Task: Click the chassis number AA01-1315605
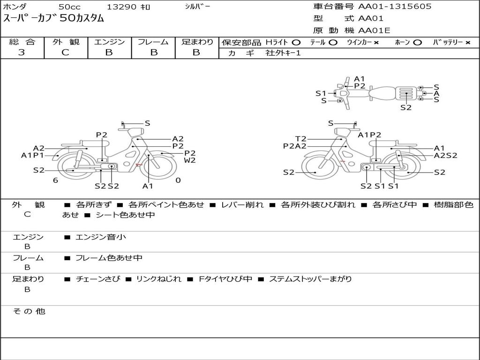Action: tap(395, 7)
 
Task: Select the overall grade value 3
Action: tap(22, 52)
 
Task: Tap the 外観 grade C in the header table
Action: tap(65, 52)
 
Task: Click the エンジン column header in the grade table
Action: tap(109, 42)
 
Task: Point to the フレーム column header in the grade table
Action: tap(153, 42)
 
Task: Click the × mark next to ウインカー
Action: tap(376, 43)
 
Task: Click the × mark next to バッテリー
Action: tap(468, 43)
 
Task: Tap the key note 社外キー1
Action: tap(283, 53)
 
